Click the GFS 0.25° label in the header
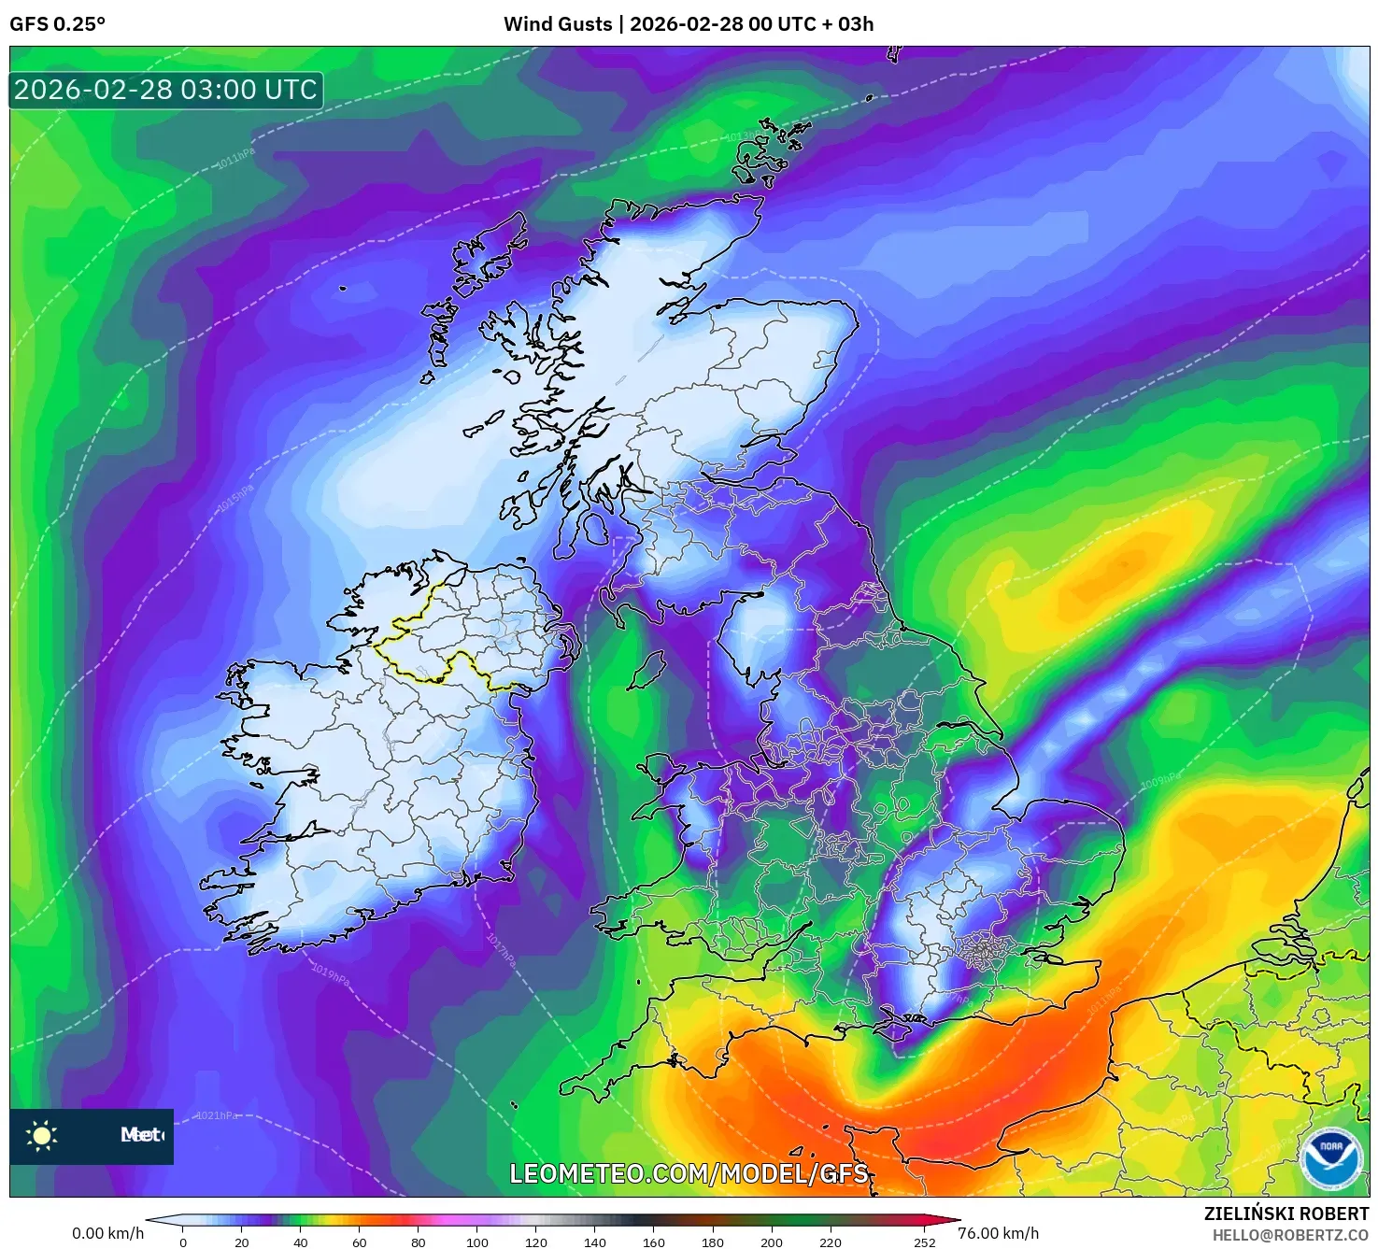point(57,24)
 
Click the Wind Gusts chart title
point(689,24)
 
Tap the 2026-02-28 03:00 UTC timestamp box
point(166,91)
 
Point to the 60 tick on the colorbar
point(360,1242)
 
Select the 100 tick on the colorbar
point(477,1242)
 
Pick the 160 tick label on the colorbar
point(654,1242)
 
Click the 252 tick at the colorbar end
point(924,1242)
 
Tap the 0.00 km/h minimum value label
point(108,1233)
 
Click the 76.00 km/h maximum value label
point(998,1233)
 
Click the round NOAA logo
point(1331,1158)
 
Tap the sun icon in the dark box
point(42,1136)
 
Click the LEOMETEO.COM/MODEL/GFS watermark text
point(689,1173)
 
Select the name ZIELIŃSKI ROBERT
point(1286,1214)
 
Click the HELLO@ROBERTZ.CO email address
point(1290,1235)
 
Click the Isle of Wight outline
point(892,1031)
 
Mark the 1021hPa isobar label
point(217,1115)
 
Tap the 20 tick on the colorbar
point(242,1242)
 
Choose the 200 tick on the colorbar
point(772,1242)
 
